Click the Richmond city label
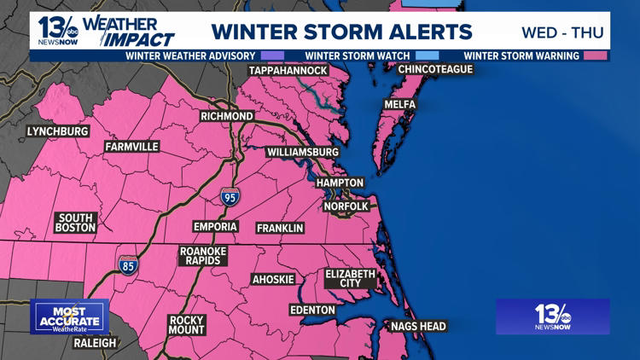pos(226,116)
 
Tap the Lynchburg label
pos(57,131)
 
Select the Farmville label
pos(131,147)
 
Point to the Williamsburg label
pos(303,152)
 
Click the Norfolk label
pos(346,206)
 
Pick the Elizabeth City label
pos(350,278)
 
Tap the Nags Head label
pos(417,326)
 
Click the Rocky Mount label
pos(186,325)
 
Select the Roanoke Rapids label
pos(201,257)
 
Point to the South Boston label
pos(75,223)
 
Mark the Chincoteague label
pos(435,69)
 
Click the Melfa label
pos(399,104)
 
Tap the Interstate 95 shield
pos(229,196)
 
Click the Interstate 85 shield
pos(127,264)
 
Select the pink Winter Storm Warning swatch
pos(595,56)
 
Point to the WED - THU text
pos(562,32)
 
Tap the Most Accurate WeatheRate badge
pos(69,316)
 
